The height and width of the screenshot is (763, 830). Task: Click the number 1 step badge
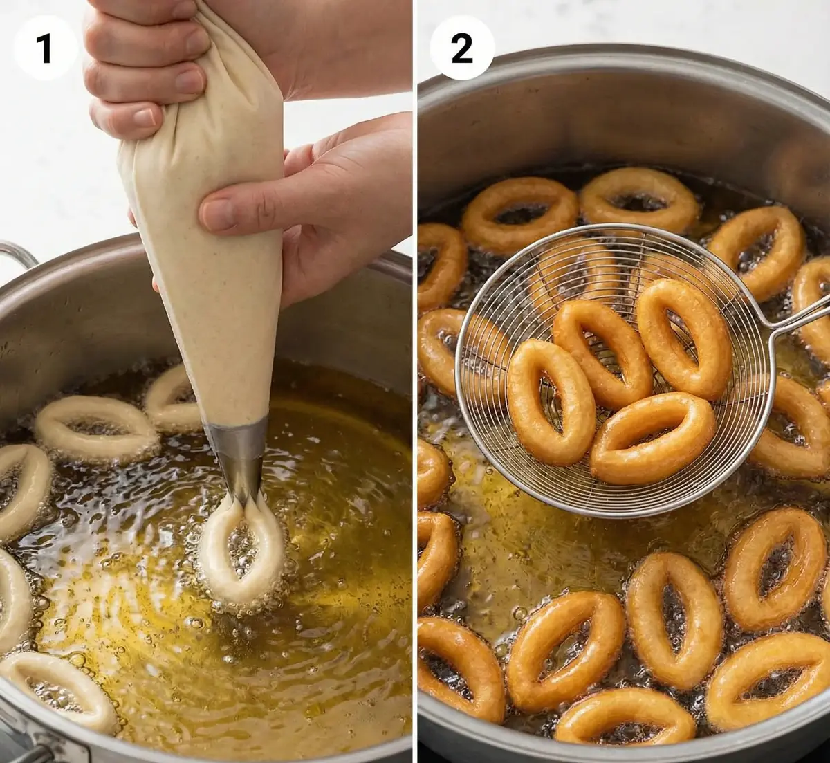(45, 49)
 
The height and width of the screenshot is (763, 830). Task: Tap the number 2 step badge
(462, 48)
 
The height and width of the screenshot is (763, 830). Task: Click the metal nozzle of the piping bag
(239, 459)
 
